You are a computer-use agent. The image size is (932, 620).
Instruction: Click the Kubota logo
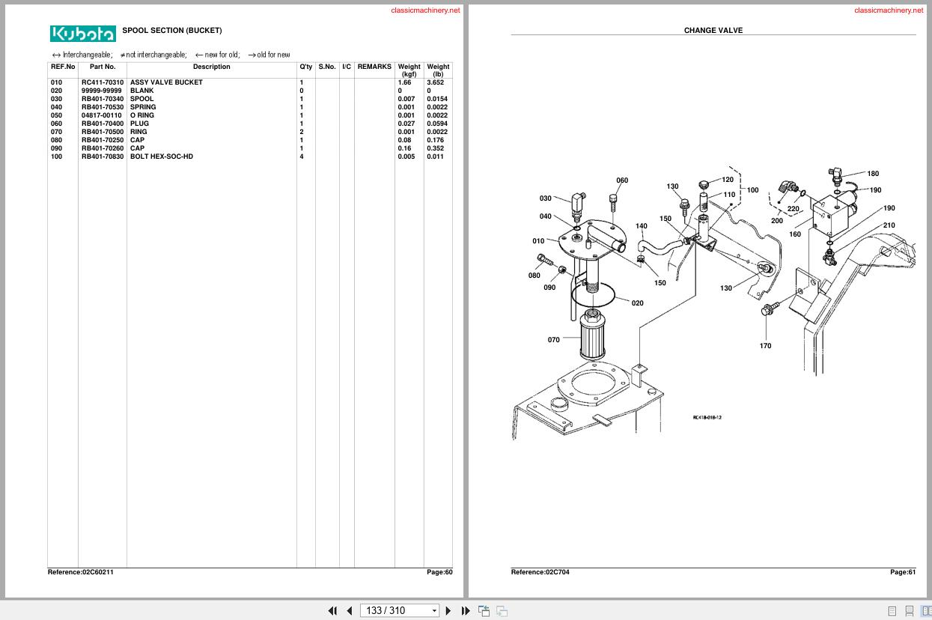[x=83, y=34]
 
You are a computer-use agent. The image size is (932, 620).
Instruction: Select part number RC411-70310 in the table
[x=103, y=82]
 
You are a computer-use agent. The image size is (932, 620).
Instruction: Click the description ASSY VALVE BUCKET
[x=166, y=82]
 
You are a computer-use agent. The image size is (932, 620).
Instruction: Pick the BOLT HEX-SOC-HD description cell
[x=161, y=156]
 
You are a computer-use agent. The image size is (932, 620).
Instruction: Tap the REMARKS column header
[x=374, y=67]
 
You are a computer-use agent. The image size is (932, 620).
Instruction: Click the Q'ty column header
[x=306, y=67]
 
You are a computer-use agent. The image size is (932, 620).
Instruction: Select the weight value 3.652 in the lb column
[x=436, y=82]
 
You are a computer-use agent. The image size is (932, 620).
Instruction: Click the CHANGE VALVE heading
[x=713, y=31]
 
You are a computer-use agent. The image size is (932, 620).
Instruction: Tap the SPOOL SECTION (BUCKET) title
[x=171, y=31]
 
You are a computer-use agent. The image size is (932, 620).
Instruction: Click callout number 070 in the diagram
[x=553, y=340]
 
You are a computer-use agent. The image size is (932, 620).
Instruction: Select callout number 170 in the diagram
[x=765, y=346]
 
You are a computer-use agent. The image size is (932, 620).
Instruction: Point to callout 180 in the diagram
[x=873, y=174]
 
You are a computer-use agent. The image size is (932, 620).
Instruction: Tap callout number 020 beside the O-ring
[x=637, y=303]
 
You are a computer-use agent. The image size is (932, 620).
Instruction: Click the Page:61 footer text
[x=902, y=572]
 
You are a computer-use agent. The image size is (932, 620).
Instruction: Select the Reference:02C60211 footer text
[x=81, y=572]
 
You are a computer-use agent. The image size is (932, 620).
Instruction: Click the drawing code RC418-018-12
[x=707, y=417]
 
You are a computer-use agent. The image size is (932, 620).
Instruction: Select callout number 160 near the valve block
[x=795, y=234]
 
